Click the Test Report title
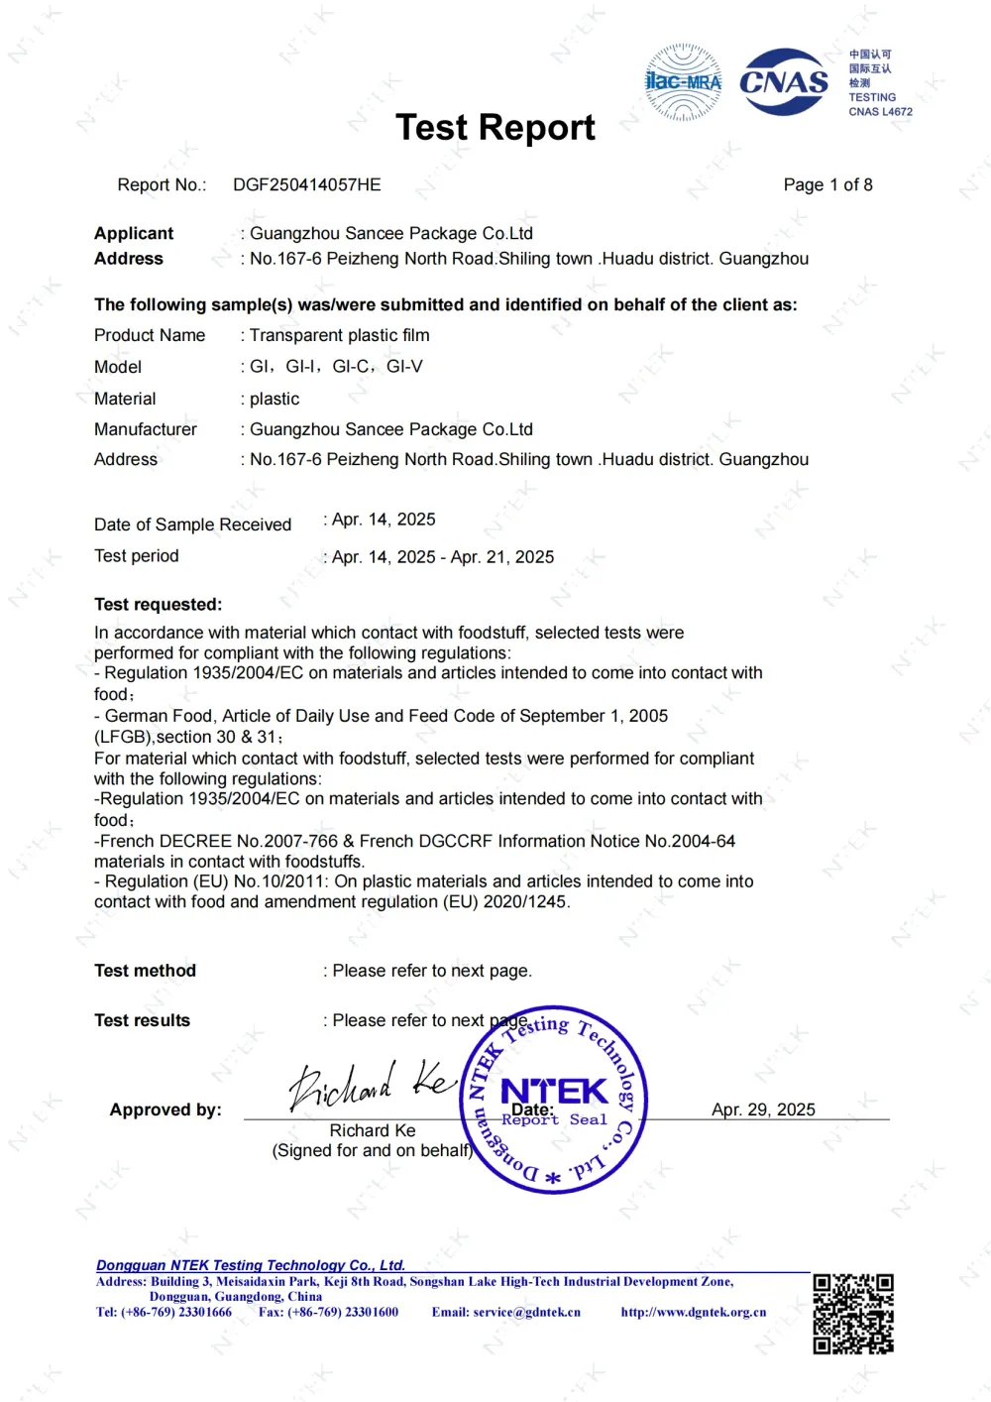[495, 128]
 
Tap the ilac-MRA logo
[683, 81]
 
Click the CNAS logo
[784, 82]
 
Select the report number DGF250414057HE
[306, 184]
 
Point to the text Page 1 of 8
[827, 184]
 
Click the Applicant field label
[134, 233]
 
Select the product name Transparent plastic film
[339, 335]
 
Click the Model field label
[118, 367]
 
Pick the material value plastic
[275, 399]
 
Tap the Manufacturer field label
[146, 429]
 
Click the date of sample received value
[384, 520]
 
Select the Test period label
[137, 556]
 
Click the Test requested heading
[159, 604]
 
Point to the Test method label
[145, 971]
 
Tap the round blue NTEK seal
[554, 1100]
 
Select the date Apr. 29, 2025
[763, 1110]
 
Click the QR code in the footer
[853, 1314]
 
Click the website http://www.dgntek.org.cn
[694, 1312]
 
